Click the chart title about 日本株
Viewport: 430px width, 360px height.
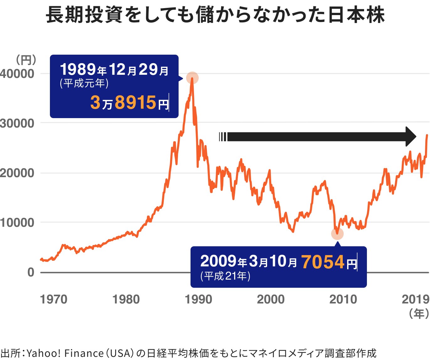click(215, 15)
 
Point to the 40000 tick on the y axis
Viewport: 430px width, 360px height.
click(17, 74)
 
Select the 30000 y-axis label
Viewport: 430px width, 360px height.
click(17, 123)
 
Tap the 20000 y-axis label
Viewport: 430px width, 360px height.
click(17, 173)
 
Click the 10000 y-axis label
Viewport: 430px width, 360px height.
click(17, 223)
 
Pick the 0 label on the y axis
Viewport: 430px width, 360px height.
click(31, 272)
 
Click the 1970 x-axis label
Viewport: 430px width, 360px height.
click(54, 299)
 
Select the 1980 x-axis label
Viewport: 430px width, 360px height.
click(126, 299)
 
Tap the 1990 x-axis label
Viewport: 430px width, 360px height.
click(198, 299)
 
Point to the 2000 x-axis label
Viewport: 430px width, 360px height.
click(271, 299)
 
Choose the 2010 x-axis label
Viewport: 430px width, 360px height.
click(343, 299)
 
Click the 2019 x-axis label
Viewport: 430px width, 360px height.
click(415, 299)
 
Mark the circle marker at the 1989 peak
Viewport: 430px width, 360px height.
click(192, 78)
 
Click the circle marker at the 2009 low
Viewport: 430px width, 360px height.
click(337, 234)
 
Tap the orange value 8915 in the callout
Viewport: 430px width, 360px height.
click(136, 102)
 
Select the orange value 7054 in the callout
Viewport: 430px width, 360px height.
click(323, 262)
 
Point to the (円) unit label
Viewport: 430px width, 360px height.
click(26, 59)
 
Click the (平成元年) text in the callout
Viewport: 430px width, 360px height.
click(84, 83)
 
